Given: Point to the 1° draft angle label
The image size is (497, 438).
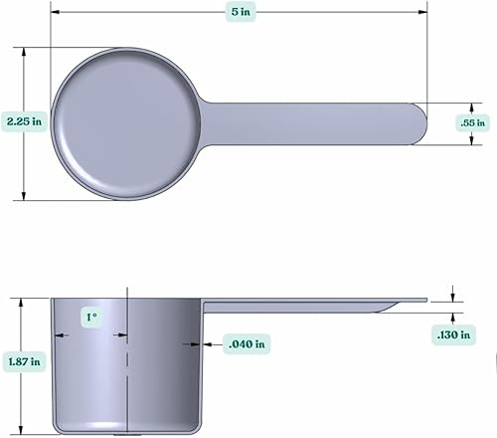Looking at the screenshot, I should pyautogui.click(x=92, y=318).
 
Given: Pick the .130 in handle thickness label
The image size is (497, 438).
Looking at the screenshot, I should pyautogui.click(x=453, y=335).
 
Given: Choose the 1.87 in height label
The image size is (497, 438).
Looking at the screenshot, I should pyautogui.click(x=21, y=363).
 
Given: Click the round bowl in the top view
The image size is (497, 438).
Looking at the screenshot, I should pyautogui.click(x=125, y=122).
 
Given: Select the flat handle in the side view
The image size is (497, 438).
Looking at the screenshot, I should pyautogui.click(x=318, y=303).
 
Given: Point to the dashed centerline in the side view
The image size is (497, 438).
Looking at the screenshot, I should pyautogui.click(x=127, y=378).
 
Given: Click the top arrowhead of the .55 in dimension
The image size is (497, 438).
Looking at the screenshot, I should pyautogui.click(x=471, y=105).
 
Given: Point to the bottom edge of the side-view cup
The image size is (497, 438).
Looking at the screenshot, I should pyautogui.click(x=125, y=431).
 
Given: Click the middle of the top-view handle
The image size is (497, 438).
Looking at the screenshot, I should pyautogui.click(x=308, y=122).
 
